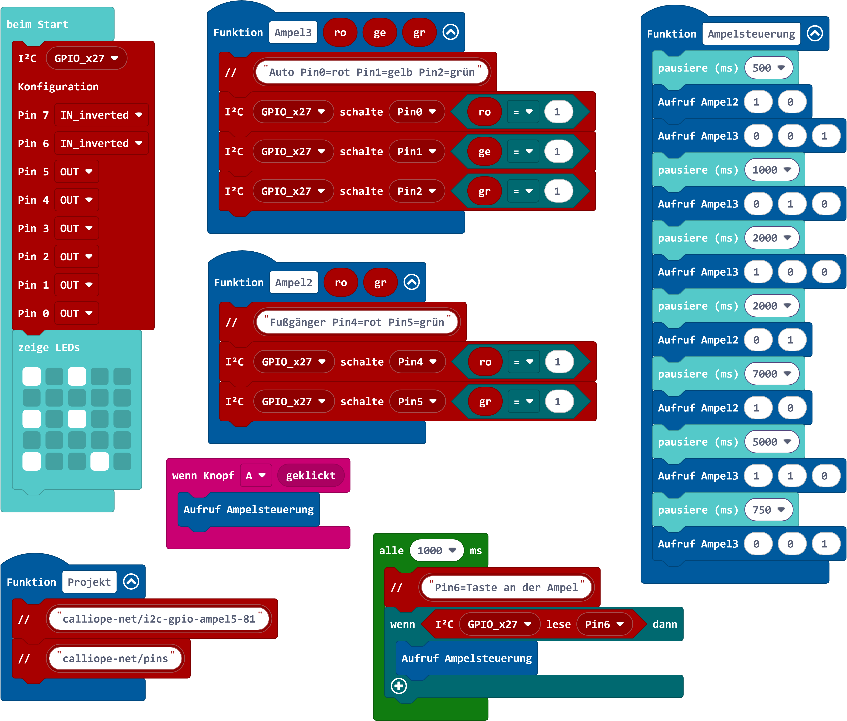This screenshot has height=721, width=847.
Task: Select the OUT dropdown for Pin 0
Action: pos(76,314)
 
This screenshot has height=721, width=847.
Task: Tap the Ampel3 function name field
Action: pos(293,33)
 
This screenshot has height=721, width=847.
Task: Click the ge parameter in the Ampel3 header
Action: pos(380,33)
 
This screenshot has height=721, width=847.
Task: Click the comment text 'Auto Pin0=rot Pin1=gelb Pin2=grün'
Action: pos(372,72)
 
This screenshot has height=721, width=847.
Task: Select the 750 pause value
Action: pos(768,510)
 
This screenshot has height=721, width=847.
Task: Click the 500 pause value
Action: pos(768,68)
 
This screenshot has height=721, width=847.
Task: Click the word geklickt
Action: pos(311,475)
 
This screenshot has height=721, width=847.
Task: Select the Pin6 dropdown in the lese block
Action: pos(604,624)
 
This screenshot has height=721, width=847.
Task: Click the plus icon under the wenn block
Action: pos(399,686)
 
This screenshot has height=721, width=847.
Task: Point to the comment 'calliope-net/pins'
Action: pos(115,658)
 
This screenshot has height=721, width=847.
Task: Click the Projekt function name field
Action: pos(89,582)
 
